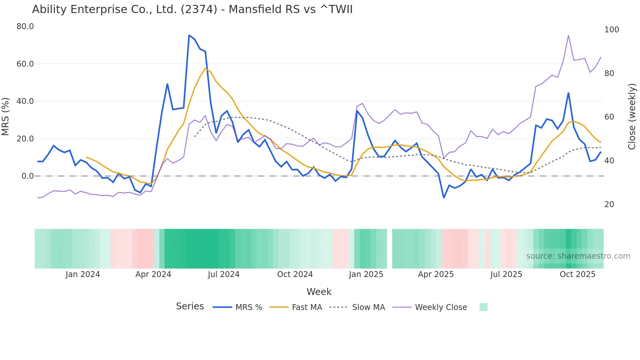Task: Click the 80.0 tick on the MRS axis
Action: click(25, 26)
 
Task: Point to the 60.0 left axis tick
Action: click(25, 64)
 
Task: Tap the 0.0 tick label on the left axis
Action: click(28, 176)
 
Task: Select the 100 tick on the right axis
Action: click(612, 30)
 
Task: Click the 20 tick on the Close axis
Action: click(609, 205)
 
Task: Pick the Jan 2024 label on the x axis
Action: click(83, 274)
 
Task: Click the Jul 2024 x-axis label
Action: click(224, 274)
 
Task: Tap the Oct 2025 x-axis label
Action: click(577, 274)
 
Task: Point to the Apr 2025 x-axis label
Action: click(436, 274)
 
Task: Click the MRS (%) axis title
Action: click(6, 116)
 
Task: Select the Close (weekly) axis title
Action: click(632, 116)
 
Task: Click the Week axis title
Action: click(319, 292)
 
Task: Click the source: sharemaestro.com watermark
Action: click(578, 256)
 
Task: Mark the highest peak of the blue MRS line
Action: click(189, 35)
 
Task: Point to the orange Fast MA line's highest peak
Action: click(205, 68)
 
